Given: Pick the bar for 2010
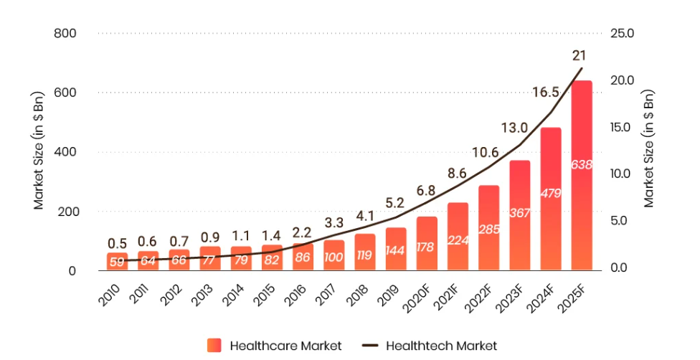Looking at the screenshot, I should point(117,261).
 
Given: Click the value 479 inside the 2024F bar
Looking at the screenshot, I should point(550,193).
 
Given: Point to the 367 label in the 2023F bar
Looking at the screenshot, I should point(519,213).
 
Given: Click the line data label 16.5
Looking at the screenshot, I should point(545,92).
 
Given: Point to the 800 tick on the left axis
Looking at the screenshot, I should point(65,34).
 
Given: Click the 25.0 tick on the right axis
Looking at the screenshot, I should point(622,34).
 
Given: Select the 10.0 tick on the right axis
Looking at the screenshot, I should point(622,174).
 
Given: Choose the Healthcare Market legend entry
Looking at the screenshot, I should point(275,346).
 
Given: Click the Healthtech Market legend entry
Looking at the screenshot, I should point(430,346).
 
